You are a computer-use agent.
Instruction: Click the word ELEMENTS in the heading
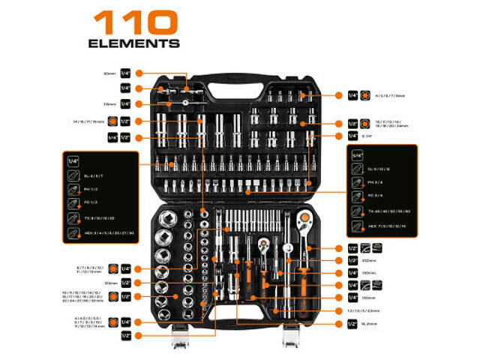(x=134, y=43)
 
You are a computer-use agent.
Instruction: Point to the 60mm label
(x=110, y=73)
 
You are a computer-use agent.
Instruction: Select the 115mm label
(x=109, y=104)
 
